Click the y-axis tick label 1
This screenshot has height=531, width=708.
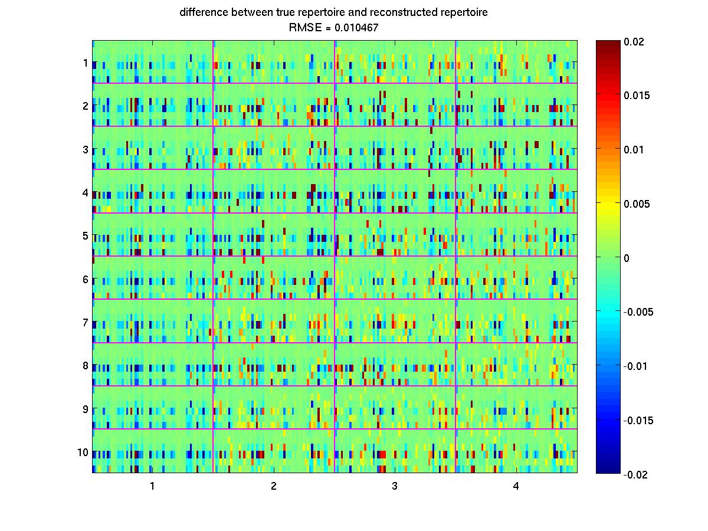coord(86,63)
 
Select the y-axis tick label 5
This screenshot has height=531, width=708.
coord(86,235)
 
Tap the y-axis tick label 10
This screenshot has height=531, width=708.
coord(83,453)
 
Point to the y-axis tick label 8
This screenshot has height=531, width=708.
coord(86,366)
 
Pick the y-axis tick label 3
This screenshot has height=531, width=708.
coord(86,149)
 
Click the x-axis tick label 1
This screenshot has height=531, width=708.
coord(152,487)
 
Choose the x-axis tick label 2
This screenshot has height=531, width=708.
coord(274,487)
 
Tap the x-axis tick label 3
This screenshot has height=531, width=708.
coord(395,487)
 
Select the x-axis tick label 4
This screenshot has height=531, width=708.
coord(516,487)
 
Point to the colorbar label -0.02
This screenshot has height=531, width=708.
coord(635,474)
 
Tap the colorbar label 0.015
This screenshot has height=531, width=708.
coord(637,96)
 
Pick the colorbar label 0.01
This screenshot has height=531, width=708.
coord(634,150)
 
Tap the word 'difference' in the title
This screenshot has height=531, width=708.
coord(202,12)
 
